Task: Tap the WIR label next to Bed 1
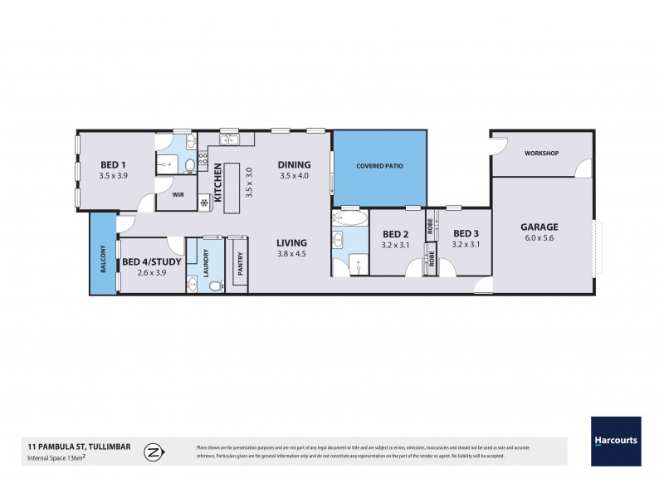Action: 178,196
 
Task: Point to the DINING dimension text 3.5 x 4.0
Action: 294,176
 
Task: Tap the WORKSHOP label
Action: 541,154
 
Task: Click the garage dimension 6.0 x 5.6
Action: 539,239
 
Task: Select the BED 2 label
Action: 395,233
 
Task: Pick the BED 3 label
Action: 466,233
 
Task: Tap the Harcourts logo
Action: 615,441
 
